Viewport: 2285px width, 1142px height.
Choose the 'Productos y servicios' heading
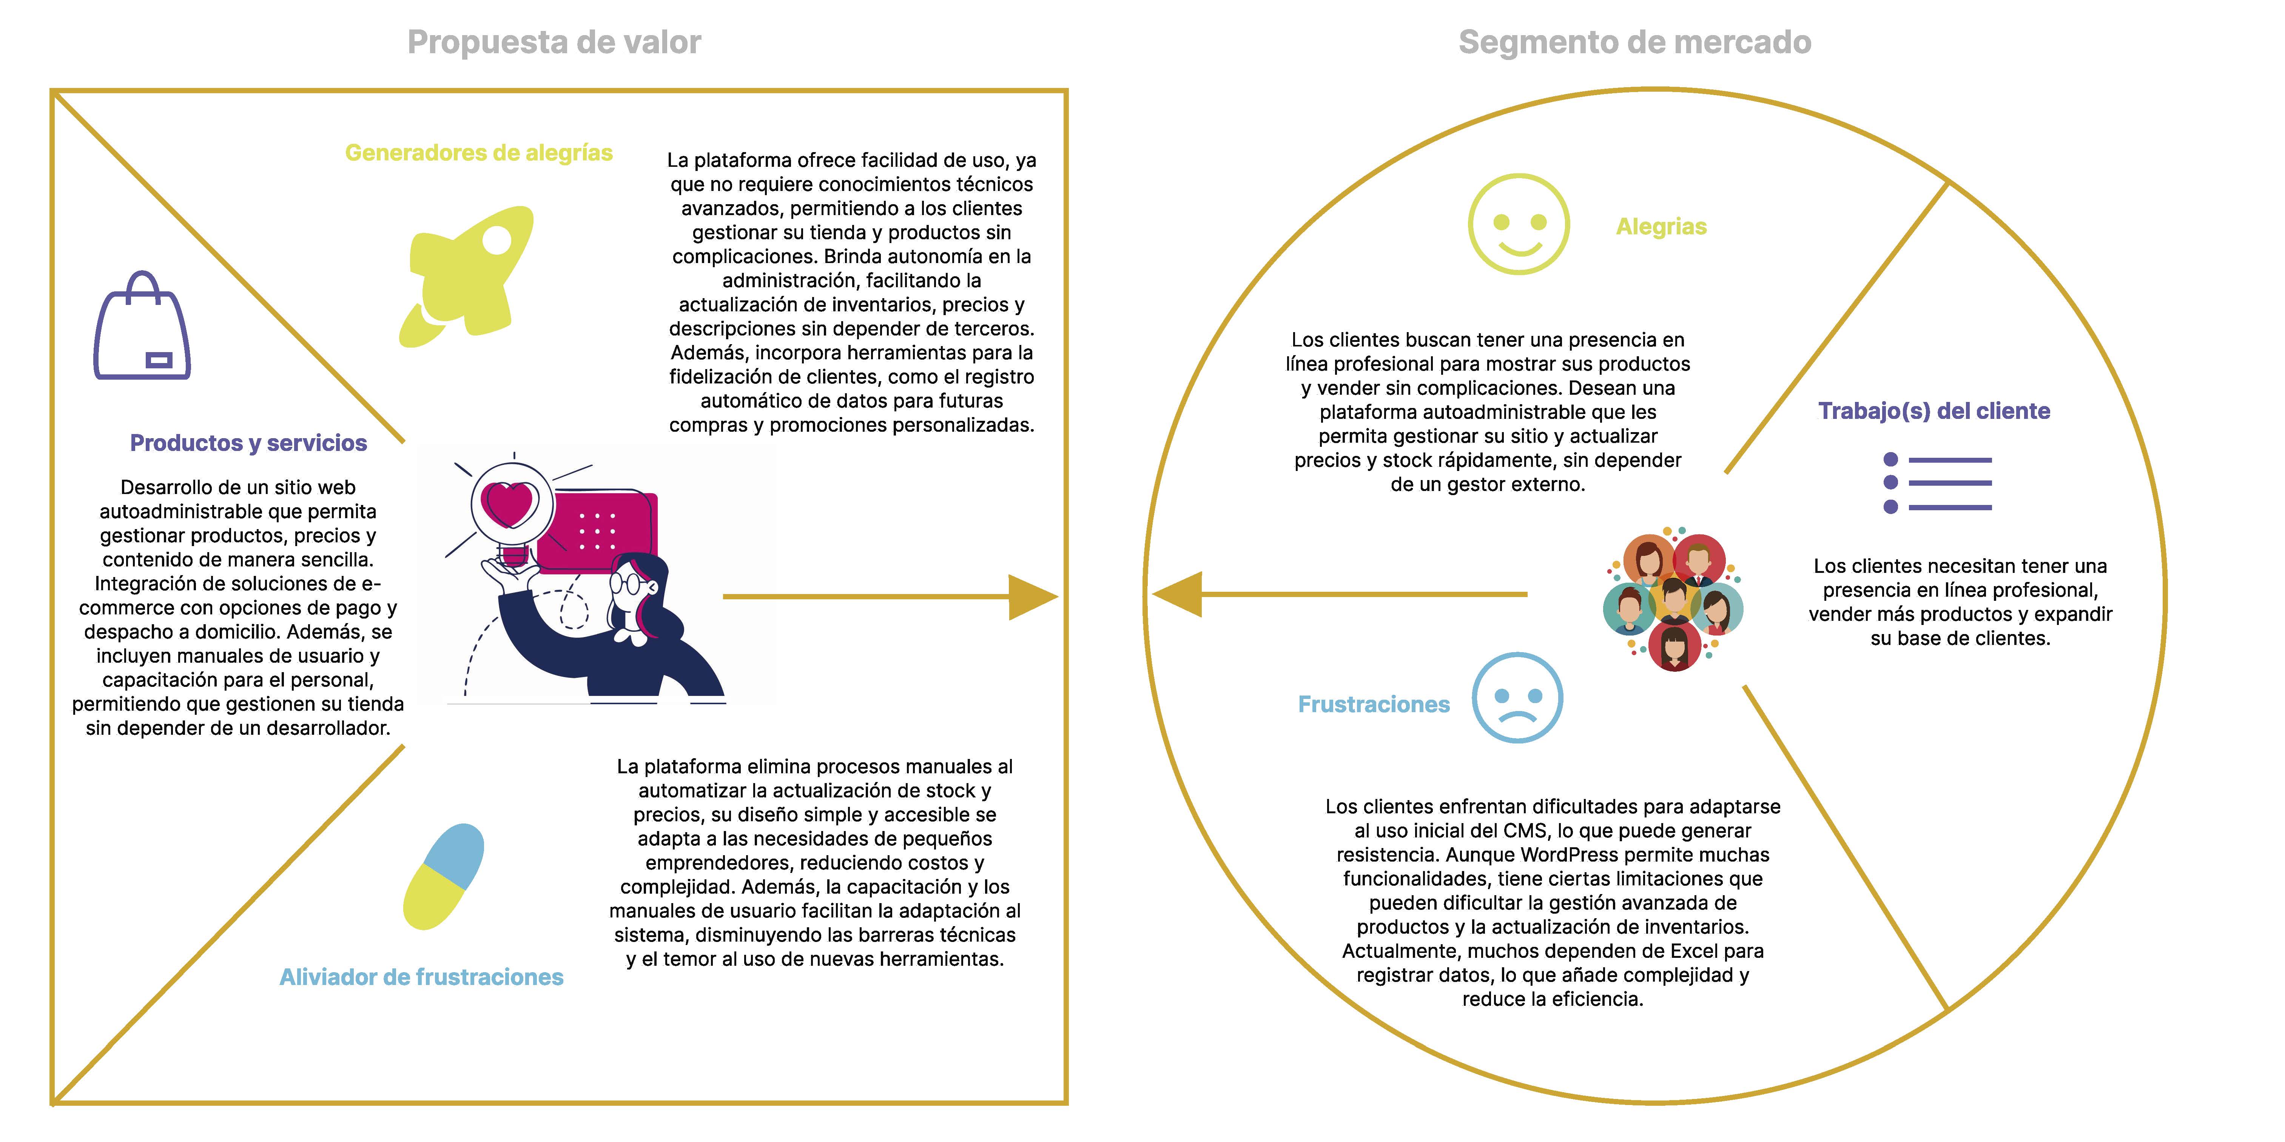point(248,442)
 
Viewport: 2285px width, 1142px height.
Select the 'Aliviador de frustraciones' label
point(421,976)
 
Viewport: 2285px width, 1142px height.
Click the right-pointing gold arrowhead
point(1031,597)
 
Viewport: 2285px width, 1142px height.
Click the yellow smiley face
point(1519,223)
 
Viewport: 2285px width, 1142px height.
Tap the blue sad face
point(1517,698)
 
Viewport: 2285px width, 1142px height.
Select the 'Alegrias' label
point(1661,227)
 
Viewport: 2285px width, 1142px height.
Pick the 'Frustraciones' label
point(1373,704)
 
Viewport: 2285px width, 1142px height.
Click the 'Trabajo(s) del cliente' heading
point(1934,411)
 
